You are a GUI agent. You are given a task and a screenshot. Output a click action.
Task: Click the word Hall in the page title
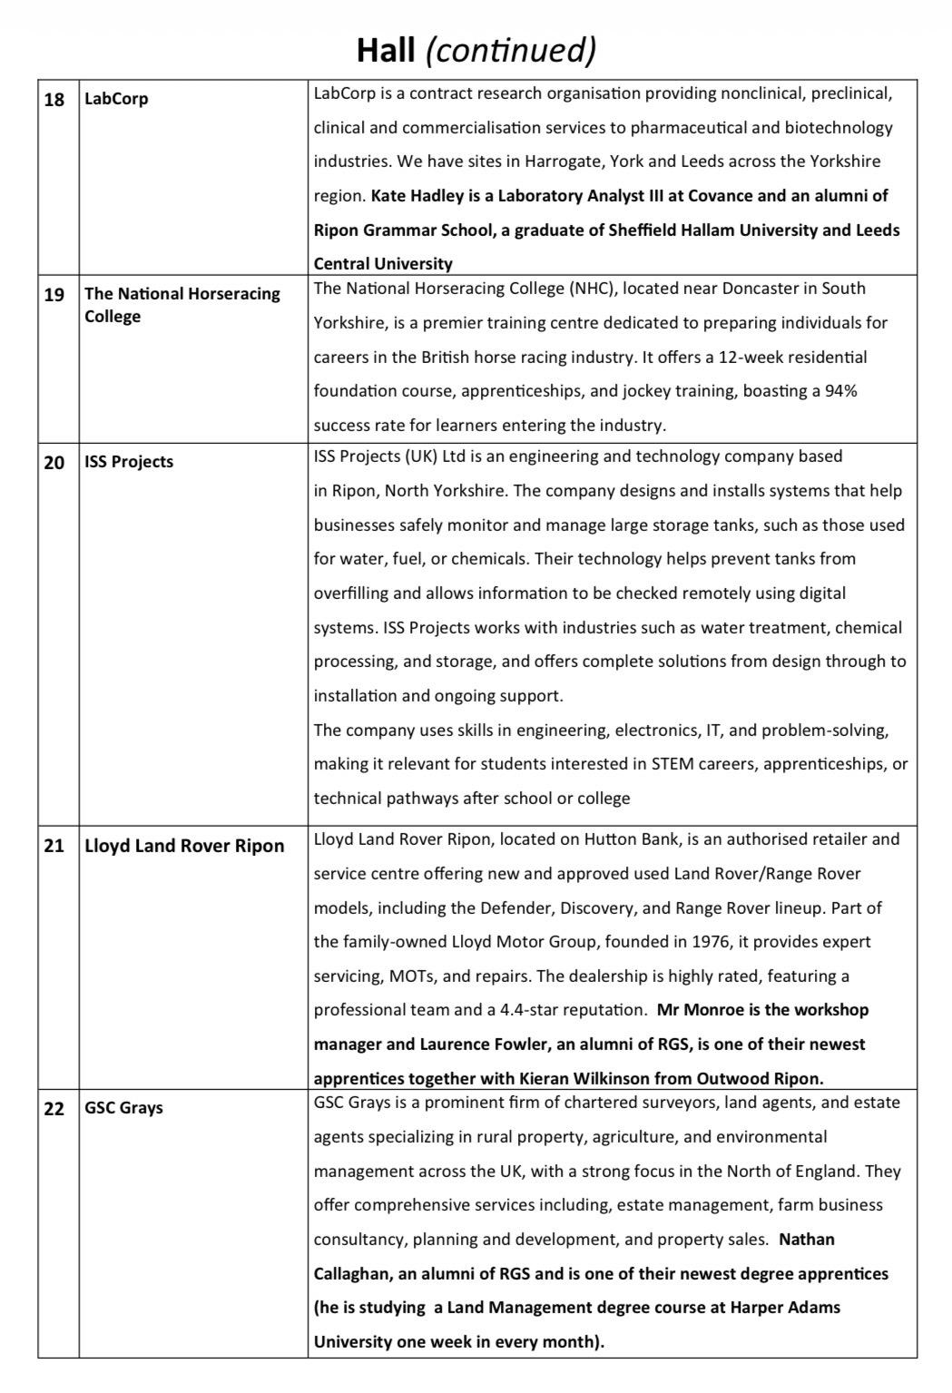(385, 49)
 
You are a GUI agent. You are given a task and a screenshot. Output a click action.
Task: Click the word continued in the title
(511, 49)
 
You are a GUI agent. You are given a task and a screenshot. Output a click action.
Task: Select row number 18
(54, 99)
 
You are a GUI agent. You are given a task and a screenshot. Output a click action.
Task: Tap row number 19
(54, 294)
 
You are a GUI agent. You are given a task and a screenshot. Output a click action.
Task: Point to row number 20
(54, 462)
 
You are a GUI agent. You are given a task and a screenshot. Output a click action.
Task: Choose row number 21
(54, 846)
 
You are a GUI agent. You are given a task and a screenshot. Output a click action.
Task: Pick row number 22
(54, 1108)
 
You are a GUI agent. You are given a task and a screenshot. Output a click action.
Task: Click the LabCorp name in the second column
(116, 99)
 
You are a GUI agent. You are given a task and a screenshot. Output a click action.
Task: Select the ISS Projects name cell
(129, 462)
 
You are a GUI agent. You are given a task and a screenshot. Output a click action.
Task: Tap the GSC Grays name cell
(123, 1108)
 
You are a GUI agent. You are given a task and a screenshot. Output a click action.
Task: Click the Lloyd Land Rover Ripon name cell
(184, 846)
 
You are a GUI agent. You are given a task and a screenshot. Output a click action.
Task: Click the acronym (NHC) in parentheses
(594, 289)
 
